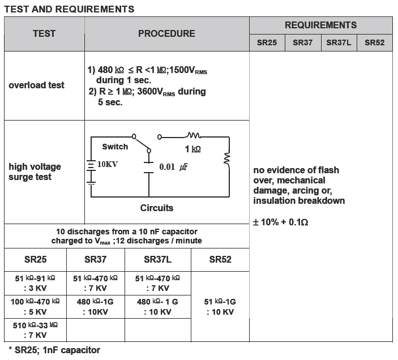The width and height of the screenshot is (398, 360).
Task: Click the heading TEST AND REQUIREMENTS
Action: point(70,9)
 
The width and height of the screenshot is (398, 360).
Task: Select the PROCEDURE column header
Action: point(166,34)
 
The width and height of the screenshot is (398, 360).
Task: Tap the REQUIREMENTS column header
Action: point(320,25)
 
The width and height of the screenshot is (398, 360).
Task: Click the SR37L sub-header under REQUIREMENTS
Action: point(339,42)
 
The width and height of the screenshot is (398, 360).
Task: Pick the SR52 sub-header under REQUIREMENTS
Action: point(374,42)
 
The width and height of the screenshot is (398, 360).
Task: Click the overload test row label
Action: point(36,85)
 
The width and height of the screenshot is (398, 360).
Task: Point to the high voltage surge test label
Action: point(35,172)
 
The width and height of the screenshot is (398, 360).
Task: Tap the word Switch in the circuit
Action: point(115,147)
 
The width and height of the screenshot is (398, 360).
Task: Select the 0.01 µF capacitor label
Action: point(173,167)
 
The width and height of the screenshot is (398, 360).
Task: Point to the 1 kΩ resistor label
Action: point(193,150)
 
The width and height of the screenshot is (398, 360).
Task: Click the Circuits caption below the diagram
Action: point(157,208)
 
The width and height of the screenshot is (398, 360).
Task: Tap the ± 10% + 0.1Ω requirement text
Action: point(280,222)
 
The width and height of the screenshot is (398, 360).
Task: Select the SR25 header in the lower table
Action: point(35,259)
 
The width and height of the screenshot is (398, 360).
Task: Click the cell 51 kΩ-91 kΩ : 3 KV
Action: point(35,283)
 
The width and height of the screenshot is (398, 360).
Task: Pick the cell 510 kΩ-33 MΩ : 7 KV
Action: point(35,331)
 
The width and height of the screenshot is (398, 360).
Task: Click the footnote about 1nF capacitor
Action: point(54,350)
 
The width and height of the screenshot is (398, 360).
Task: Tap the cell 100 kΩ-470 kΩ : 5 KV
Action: point(35,307)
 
